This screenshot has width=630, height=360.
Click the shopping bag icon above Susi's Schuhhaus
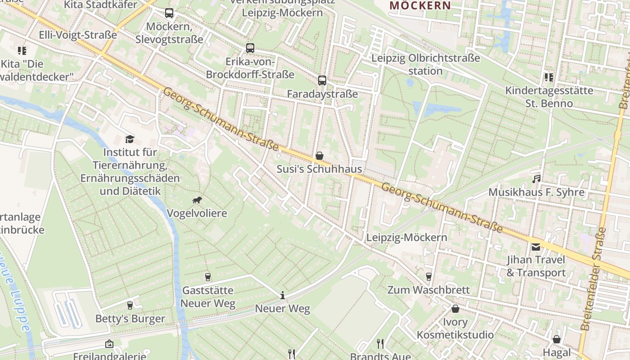point(319,156)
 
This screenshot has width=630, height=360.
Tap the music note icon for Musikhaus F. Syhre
point(536,179)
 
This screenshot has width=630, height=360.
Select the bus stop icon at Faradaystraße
point(322,81)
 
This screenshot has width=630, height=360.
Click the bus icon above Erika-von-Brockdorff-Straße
point(250,48)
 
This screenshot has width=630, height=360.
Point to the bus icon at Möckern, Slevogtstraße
point(169,13)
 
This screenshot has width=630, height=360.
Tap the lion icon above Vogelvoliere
point(197,200)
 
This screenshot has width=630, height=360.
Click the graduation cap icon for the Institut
point(130,139)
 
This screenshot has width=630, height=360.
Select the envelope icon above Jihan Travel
point(536,247)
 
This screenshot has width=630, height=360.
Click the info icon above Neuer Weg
point(283,295)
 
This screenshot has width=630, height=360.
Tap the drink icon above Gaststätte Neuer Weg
point(208,277)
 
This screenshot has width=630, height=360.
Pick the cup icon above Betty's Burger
point(130,306)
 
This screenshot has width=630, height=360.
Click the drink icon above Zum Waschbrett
point(428,276)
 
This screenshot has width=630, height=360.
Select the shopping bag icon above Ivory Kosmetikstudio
point(455,309)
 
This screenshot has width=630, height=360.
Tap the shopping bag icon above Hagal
point(557,339)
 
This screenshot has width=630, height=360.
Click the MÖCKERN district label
point(420,6)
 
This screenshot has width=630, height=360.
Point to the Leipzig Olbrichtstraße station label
point(425,64)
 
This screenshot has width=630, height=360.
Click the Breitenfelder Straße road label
point(593,279)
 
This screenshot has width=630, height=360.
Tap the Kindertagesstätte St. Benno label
point(549,97)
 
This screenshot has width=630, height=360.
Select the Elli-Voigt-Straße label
point(78,35)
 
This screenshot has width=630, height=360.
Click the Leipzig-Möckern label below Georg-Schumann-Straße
point(407,238)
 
